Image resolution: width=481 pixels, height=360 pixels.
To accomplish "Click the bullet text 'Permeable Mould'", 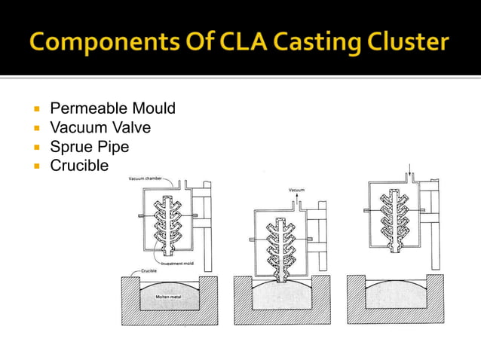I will (112, 109).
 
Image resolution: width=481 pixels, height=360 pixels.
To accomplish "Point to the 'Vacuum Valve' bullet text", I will (100, 128).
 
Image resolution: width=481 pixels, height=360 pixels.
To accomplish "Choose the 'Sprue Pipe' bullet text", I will (90, 146).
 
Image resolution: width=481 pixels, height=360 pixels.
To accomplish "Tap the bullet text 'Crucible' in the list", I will (79, 165).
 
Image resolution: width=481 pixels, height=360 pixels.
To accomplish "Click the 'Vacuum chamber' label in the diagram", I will (146, 178).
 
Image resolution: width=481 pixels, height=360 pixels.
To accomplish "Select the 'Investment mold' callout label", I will (178, 263).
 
